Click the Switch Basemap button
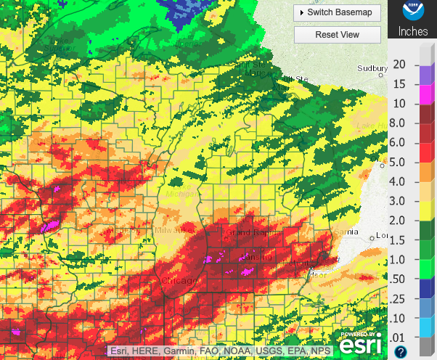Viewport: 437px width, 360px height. [337, 12]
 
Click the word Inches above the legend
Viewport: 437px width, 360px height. [412, 32]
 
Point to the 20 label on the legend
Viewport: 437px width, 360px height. [399, 64]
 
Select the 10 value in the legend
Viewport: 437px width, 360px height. [399, 103]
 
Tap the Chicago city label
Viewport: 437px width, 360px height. [179, 281]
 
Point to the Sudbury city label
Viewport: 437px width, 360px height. [373, 69]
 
